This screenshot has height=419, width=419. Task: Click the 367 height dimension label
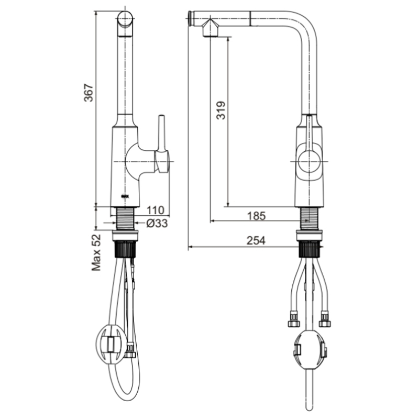[89, 93]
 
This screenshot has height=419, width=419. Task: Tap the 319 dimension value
[221, 110]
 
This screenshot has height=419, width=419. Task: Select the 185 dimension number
[257, 216]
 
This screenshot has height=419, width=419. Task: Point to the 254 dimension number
[256, 240]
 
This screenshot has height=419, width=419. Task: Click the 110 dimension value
[155, 211]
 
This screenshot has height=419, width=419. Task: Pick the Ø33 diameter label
[157, 223]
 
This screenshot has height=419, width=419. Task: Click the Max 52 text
[96, 253]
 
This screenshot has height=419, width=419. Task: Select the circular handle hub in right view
[309, 161]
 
